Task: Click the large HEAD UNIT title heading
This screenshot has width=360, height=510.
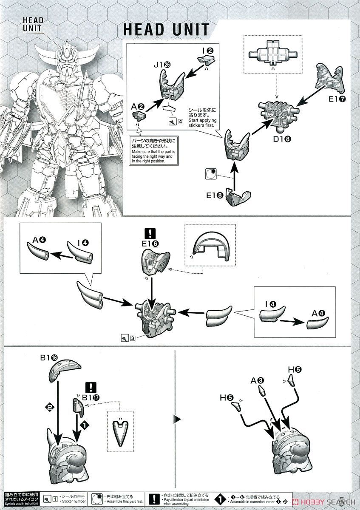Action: tap(166, 29)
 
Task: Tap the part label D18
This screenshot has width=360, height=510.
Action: tap(280, 139)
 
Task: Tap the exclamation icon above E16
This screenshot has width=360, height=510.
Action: tap(151, 233)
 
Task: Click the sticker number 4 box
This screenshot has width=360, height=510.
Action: tap(181, 121)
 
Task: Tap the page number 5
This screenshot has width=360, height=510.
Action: tap(352, 500)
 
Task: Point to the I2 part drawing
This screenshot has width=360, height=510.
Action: tap(206, 60)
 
